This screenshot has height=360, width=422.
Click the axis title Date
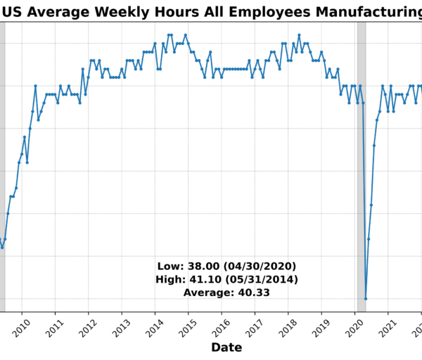pos(226,347)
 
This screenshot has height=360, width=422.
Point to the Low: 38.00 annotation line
pos(226,266)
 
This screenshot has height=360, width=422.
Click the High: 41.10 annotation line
pos(226,279)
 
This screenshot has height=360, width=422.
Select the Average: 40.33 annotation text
pos(226,292)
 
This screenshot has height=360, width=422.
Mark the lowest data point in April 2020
pos(366,299)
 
